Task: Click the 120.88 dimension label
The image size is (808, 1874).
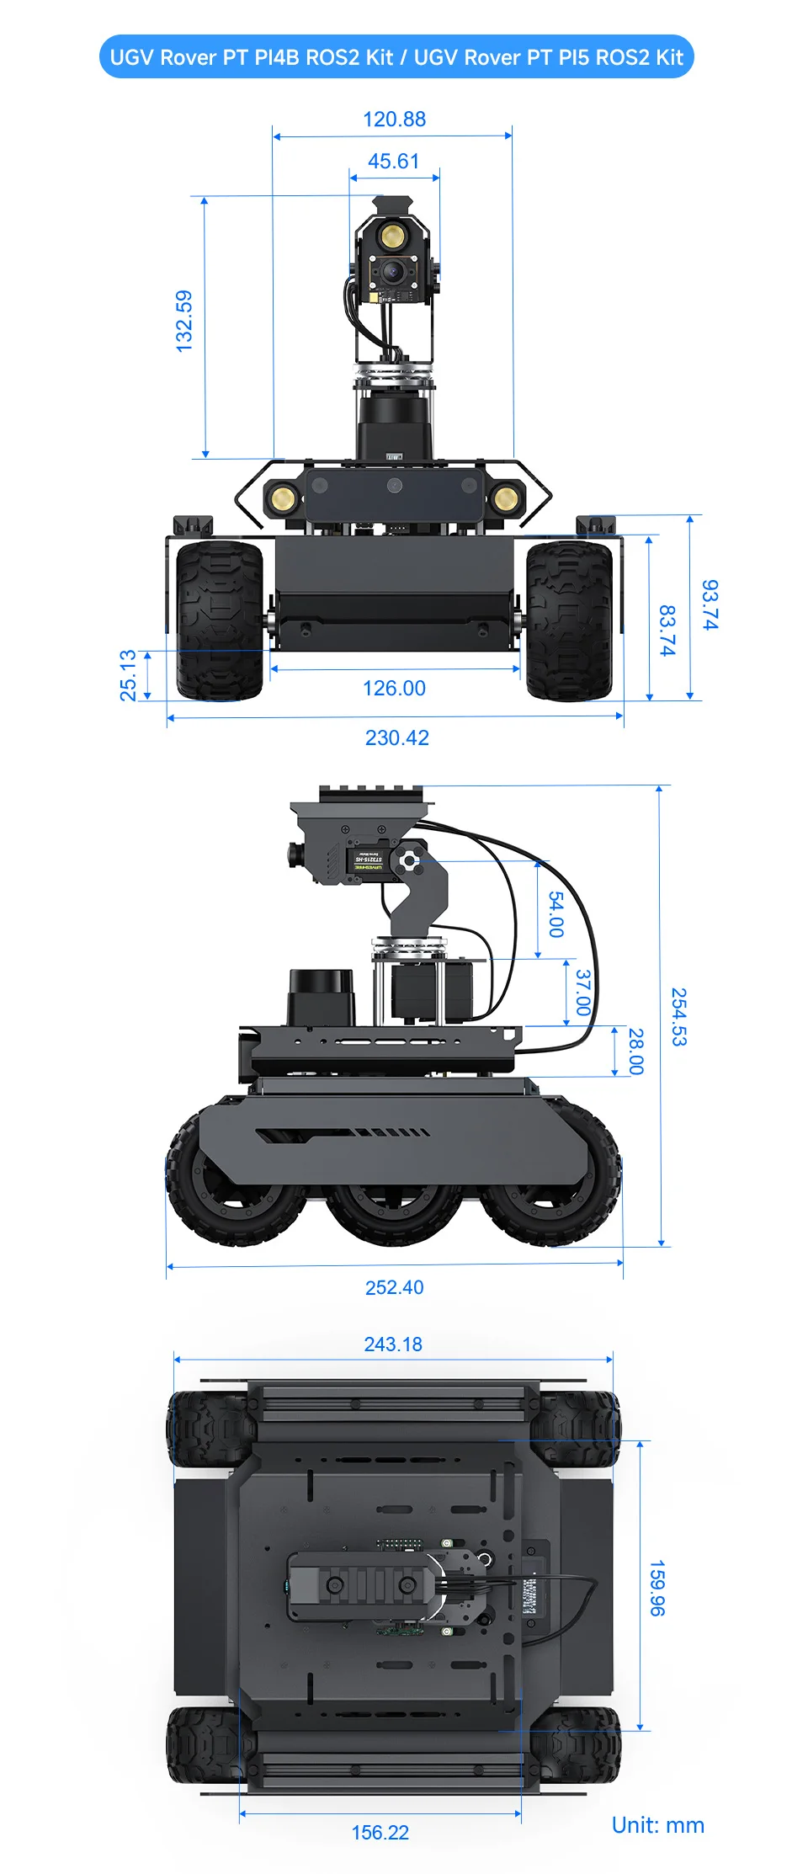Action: (x=394, y=120)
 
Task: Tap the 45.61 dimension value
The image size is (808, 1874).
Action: (x=393, y=161)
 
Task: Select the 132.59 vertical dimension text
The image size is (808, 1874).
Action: (x=184, y=322)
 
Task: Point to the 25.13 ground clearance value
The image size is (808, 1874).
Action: (x=127, y=675)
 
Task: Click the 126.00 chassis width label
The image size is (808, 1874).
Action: (x=394, y=688)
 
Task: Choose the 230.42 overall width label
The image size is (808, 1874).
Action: (x=396, y=737)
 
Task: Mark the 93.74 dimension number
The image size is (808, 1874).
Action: (x=710, y=604)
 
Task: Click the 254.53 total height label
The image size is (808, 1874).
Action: (x=678, y=1016)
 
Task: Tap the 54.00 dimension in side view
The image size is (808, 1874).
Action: (x=556, y=914)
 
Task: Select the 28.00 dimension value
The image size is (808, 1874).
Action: (x=635, y=1051)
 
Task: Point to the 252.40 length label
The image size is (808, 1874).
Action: (x=394, y=1287)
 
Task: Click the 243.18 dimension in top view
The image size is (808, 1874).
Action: (x=393, y=1344)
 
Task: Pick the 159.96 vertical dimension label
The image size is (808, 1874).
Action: (x=657, y=1588)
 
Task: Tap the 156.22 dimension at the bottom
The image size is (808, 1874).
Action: (x=380, y=1833)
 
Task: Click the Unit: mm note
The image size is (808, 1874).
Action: (x=657, y=1825)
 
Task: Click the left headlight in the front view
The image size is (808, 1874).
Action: (x=282, y=499)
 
